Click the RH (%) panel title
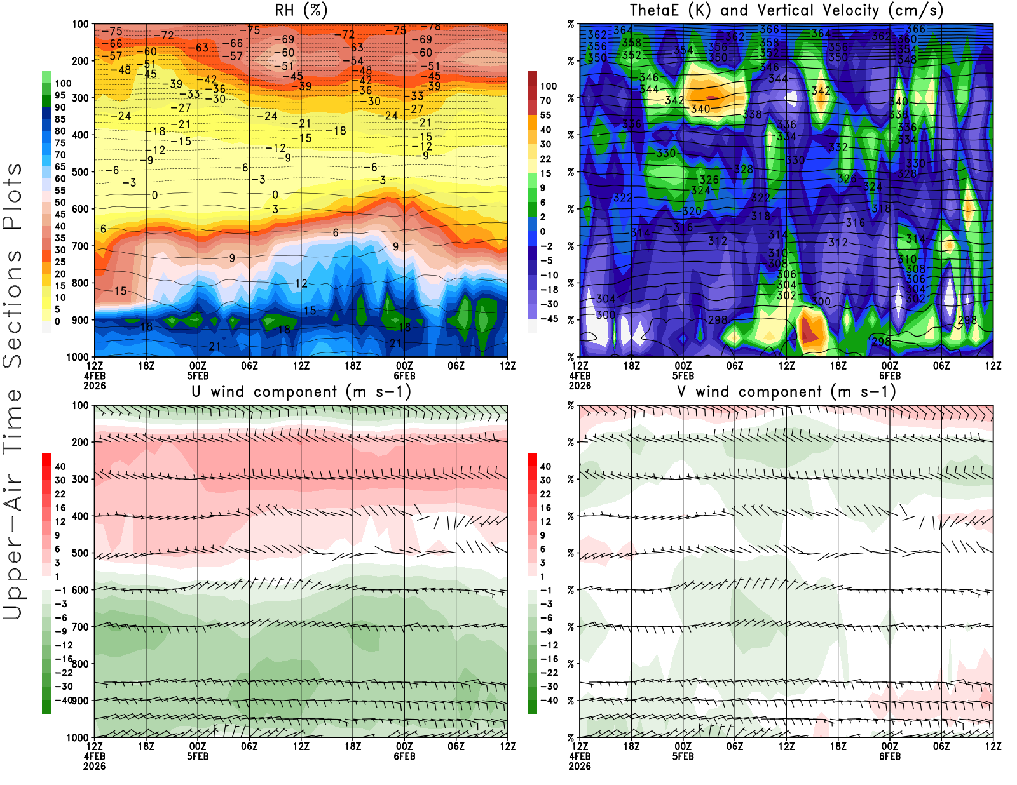[301, 11]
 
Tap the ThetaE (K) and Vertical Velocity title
[786, 11]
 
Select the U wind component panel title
[301, 392]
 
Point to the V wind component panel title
[786, 392]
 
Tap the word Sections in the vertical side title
[13, 309]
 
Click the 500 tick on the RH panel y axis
[81, 171]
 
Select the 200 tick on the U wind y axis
[81, 442]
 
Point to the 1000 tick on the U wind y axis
[78, 737]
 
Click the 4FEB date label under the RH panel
[95, 375]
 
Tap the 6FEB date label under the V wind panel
[890, 756]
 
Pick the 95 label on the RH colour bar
[60, 95]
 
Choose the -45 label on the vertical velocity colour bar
[549, 319]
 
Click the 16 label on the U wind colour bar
[60, 507]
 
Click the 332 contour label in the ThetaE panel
[838, 147]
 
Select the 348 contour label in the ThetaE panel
[907, 60]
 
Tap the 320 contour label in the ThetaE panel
[692, 211]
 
